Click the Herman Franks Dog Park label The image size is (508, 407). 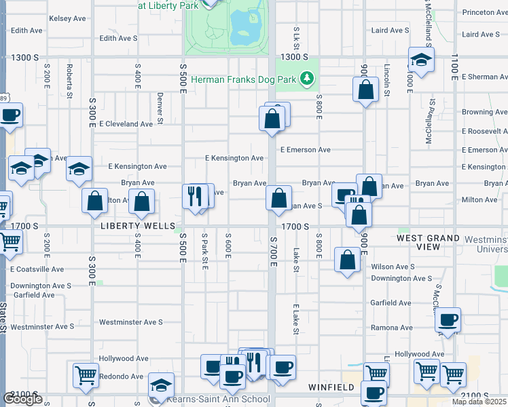tap(243, 79)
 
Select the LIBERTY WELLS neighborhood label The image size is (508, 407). tap(138, 226)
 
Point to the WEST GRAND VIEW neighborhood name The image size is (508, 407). tap(429, 242)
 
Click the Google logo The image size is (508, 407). tap(22, 399)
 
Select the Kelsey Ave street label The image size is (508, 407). tap(68, 18)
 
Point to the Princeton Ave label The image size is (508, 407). tap(484, 12)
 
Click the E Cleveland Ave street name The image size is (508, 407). tap(126, 124)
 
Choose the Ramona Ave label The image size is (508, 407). tap(391, 327)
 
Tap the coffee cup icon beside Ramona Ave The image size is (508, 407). tap(448, 320)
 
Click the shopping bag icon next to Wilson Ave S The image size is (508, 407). tap(347, 260)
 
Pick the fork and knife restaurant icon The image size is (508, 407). tap(195, 197)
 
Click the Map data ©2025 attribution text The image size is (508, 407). tap(478, 402)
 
